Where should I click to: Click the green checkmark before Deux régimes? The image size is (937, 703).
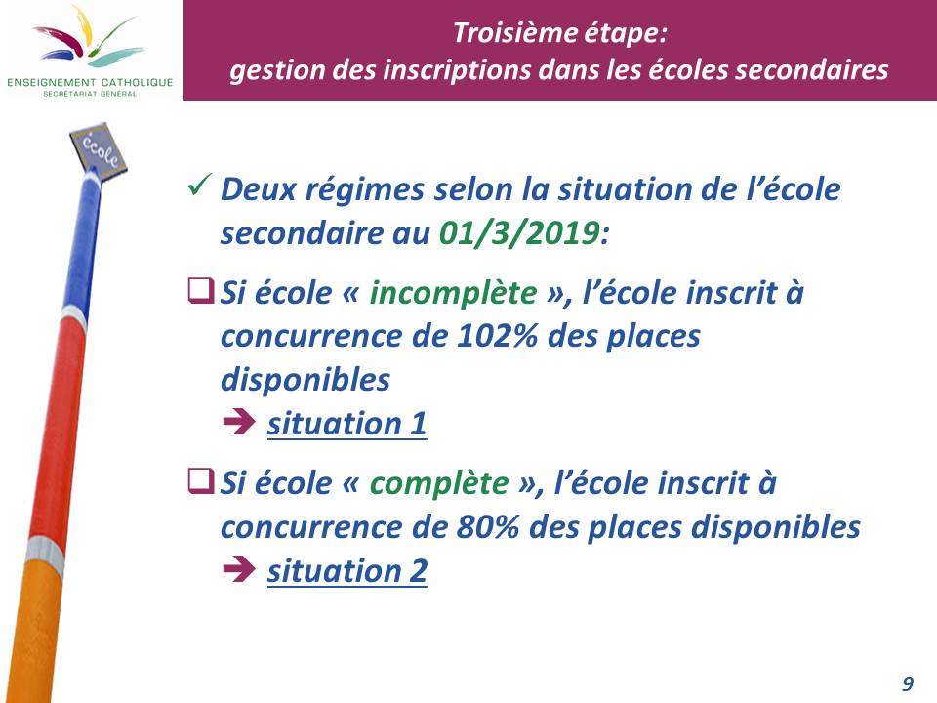pos(199,185)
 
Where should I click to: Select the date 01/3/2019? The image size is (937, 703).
pos(519,232)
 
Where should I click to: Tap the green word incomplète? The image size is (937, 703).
pos(454,293)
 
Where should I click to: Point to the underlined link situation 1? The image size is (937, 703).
pos(347,424)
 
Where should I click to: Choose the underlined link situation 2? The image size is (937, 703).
pos(347,571)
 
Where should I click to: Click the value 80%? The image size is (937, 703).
pos(488,526)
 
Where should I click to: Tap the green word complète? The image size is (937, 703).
pos(439,483)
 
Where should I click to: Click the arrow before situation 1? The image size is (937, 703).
pos(239,422)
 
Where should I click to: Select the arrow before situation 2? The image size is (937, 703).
pos(239,568)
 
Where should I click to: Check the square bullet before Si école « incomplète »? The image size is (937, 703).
pos(200,291)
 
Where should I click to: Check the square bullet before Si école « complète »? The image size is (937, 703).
pos(200,480)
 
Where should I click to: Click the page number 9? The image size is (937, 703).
pos(908,683)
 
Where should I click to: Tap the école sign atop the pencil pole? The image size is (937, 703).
pos(99,148)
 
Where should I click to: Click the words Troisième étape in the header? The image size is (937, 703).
pos(559,33)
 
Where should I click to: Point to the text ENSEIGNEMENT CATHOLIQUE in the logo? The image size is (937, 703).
pos(90,82)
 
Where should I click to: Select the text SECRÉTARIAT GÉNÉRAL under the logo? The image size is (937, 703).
pos(90,94)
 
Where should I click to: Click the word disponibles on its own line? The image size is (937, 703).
pos(306,380)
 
